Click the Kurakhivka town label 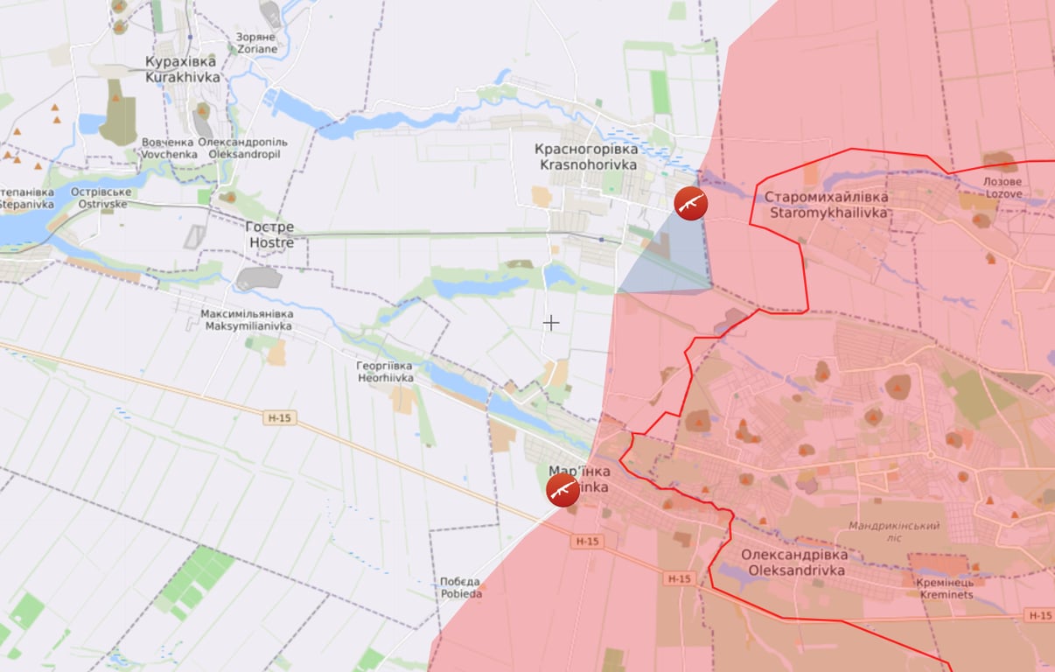(x=182, y=69)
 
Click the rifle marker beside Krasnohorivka (x=691, y=203)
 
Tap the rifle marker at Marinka (x=563, y=490)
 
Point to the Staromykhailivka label (x=826, y=205)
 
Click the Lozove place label (x=1003, y=187)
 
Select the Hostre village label (x=271, y=234)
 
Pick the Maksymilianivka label (x=247, y=319)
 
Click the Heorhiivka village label (x=385, y=372)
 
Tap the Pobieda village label (x=460, y=587)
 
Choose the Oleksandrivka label (x=794, y=563)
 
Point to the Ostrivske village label (x=101, y=198)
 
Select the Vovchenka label (x=166, y=148)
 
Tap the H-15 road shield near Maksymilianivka (x=279, y=418)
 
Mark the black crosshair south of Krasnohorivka (x=551, y=323)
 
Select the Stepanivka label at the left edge (x=26, y=198)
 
